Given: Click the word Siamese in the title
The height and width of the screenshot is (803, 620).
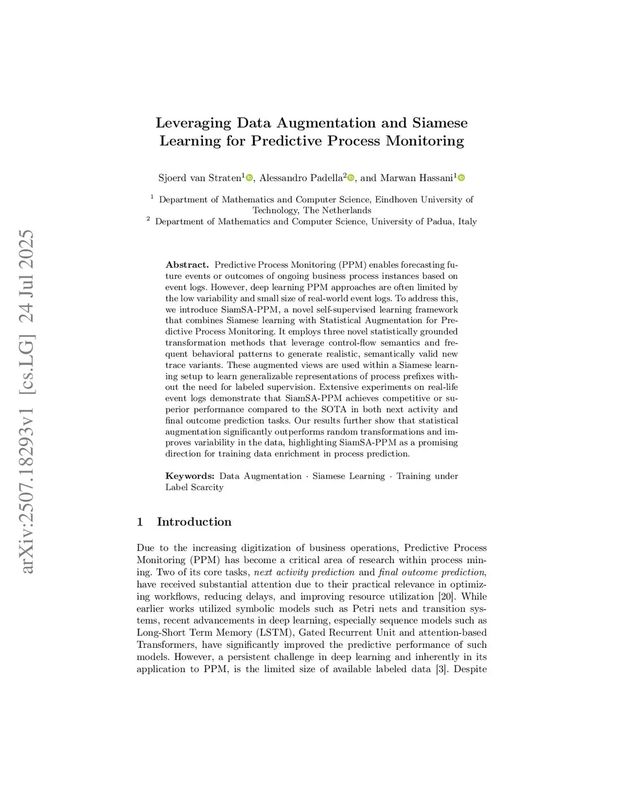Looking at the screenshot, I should (x=440, y=123).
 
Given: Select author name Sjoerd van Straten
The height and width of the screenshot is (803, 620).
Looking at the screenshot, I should (x=200, y=178).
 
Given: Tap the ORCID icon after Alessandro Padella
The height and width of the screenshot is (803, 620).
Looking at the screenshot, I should (x=351, y=178).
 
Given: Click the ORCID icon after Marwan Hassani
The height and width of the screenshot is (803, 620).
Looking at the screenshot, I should (x=461, y=178).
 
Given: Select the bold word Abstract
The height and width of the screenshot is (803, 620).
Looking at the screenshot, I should (x=186, y=265).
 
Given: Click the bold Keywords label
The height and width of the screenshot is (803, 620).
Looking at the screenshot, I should (x=190, y=476).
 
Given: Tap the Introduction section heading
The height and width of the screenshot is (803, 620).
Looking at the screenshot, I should (x=194, y=522).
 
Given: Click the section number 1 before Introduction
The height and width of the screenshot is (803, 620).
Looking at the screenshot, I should (x=140, y=522).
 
